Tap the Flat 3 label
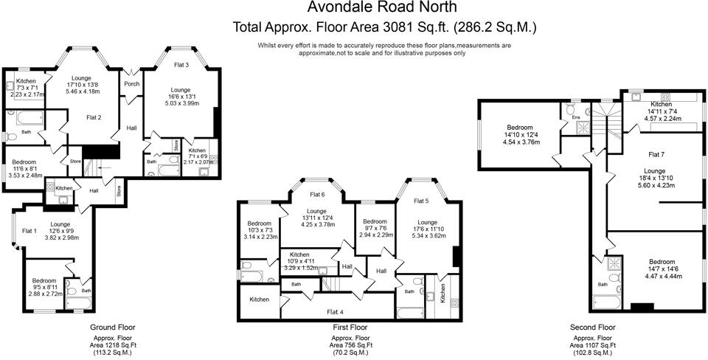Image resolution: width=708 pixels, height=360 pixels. coord(181,65)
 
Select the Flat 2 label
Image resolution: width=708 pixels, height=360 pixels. coord(94,117)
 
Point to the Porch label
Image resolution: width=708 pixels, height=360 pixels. coord(132,83)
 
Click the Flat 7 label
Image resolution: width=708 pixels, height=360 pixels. coord(656,154)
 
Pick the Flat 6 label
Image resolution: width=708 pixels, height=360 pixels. coord(317,194)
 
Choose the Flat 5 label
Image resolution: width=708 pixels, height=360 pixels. coord(421,201)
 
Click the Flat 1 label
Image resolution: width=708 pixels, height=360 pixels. coord(29,231)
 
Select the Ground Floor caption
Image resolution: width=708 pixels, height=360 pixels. coord(112,327)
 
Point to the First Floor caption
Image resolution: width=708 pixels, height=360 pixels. coord(351,327)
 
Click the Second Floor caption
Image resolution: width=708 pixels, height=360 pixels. coord(592,327)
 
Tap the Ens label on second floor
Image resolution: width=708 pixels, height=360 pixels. coord(576,117)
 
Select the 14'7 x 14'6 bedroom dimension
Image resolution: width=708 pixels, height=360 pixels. coord(662,269)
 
